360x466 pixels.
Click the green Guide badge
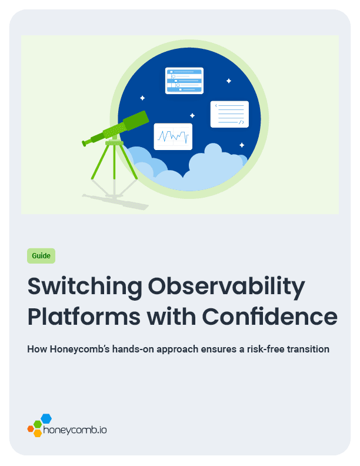tap(41, 256)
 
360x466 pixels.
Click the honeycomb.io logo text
tap(75, 430)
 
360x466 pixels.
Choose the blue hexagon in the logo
tap(46, 418)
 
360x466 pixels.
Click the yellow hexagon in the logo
tap(38, 433)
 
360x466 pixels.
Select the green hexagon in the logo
tap(38, 424)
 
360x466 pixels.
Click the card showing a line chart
tap(173, 136)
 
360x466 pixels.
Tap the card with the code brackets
tap(229, 114)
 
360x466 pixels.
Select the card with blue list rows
tap(184, 81)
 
